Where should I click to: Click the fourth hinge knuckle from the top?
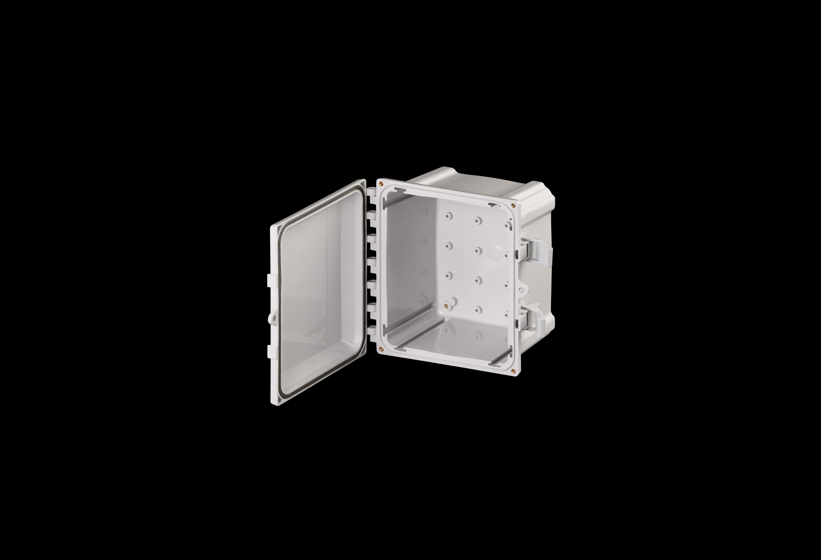[x=372, y=262]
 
